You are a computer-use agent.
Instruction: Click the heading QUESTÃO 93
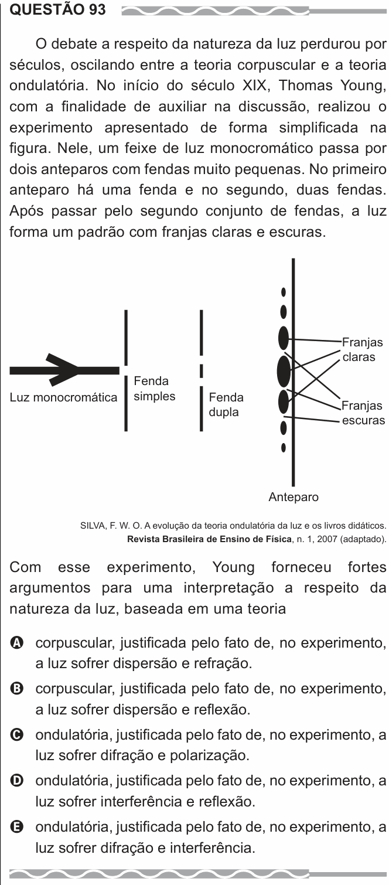coord(57,9)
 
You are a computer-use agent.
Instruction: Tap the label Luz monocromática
coord(64,397)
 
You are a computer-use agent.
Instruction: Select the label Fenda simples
coord(155,389)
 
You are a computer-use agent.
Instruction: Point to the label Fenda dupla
coord(226,404)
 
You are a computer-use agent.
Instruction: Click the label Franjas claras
coord(362,349)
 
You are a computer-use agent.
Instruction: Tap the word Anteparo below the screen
coord(294,496)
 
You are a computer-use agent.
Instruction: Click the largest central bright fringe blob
coord(284,370)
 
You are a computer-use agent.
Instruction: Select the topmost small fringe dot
coord(283,292)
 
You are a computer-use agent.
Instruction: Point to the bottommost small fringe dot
coord(283,448)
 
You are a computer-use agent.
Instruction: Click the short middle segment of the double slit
coord(201,370)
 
